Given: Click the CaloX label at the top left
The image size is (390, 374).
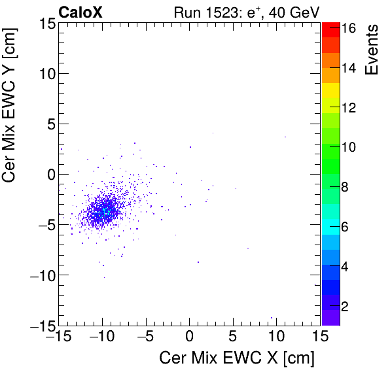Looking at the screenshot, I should point(80,12).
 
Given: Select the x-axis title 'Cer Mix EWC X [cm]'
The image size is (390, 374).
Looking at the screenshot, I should point(237,358).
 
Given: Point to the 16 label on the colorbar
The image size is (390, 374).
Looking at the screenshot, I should point(347,29).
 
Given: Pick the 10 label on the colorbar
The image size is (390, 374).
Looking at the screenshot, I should point(347,148).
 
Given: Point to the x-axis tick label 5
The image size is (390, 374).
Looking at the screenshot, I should point(233,337).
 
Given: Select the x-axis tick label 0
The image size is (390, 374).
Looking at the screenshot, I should point(189,337).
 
